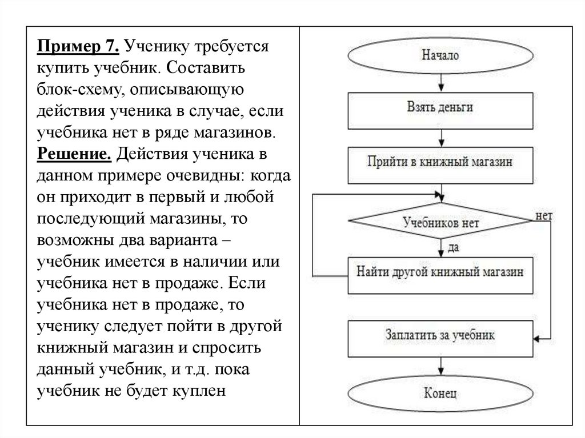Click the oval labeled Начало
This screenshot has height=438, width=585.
[440, 55]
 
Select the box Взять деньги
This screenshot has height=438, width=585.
[440, 107]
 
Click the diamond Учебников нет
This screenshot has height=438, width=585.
[441, 222]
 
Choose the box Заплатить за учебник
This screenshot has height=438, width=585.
[440, 335]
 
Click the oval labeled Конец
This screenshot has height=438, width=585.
[440, 393]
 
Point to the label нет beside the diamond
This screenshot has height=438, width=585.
[543, 216]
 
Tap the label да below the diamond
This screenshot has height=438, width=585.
[454, 247]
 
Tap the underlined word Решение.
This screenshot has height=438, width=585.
[74, 154]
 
